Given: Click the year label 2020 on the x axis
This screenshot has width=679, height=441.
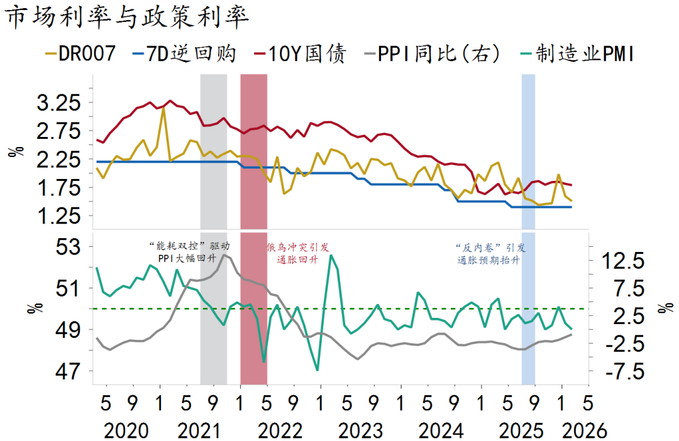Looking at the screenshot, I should (x=126, y=431).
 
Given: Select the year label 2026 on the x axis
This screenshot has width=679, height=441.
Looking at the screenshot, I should (x=585, y=431).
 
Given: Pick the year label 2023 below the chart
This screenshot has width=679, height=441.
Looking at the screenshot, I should (x=360, y=431).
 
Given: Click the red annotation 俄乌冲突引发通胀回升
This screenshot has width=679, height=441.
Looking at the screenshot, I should (x=297, y=253).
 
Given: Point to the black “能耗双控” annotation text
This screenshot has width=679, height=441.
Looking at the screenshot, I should (x=189, y=252).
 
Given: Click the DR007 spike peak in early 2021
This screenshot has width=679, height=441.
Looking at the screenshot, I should (x=163, y=109).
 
